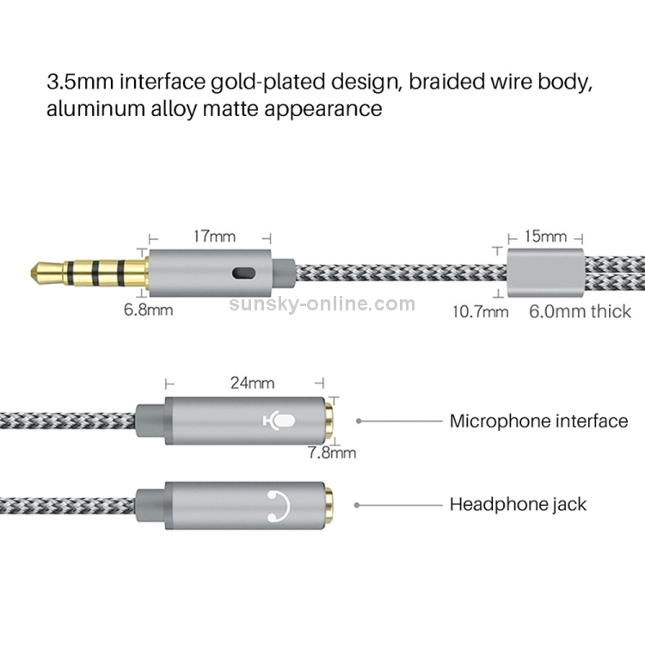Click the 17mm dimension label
point(214,236)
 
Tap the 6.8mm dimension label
point(148,310)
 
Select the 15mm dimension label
point(545,236)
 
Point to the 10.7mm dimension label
point(480,311)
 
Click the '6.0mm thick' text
point(580,311)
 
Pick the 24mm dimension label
point(252,383)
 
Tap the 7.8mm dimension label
point(332,453)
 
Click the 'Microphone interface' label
point(539,421)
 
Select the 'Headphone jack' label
point(518,504)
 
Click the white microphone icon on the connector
point(279,421)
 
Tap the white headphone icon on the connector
point(279,506)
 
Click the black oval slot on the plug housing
point(243,273)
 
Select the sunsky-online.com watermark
point(322,304)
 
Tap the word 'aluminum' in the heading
point(95,108)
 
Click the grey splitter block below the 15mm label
point(545,273)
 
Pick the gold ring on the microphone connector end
point(329,421)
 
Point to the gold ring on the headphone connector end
point(329,506)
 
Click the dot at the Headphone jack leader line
point(357,505)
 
